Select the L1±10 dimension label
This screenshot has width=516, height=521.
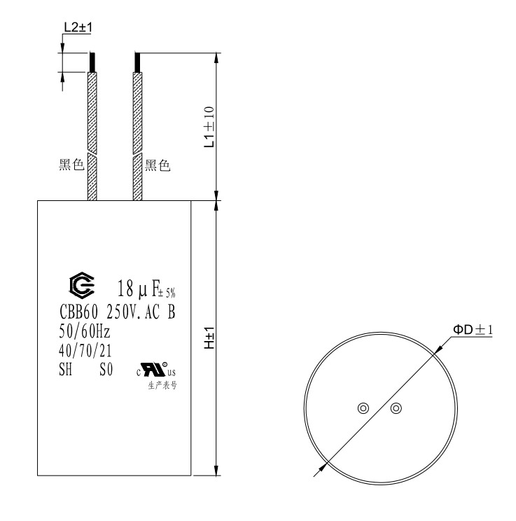(208, 127)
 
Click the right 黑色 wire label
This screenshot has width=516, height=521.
(158, 166)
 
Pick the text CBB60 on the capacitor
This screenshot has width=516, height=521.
(76, 312)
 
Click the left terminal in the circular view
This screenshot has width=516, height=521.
(363, 408)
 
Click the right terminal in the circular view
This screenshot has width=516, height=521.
(396, 408)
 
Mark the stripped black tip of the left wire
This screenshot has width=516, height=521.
(92, 62)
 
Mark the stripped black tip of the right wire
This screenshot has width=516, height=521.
(137, 62)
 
